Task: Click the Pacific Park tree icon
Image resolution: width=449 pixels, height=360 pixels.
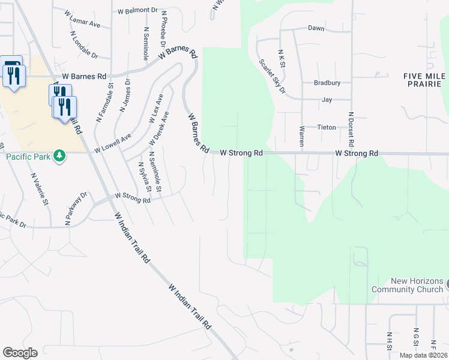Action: (x=59, y=156)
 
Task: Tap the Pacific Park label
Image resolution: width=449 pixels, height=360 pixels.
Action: (x=28, y=157)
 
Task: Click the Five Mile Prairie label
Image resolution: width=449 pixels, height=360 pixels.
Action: (x=426, y=80)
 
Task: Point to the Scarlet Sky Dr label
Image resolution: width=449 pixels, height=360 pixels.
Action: (x=273, y=76)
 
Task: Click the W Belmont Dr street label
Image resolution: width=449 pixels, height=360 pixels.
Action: (x=137, y=11)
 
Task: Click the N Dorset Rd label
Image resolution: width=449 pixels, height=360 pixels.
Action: (x=352, y=130)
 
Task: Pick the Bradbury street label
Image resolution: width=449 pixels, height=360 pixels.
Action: (x=327, y=83)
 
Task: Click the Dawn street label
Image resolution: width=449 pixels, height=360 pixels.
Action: (x=316, y=28)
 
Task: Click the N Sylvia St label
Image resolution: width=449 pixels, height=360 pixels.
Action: (x=143, y=176)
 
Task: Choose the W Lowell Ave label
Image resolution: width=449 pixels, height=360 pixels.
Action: (x=112, y=142)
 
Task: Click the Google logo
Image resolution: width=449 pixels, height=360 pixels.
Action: (x=20, y=353)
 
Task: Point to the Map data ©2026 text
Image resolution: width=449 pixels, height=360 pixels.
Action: (x=421, y=355)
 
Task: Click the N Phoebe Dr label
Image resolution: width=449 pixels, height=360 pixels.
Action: (x=162, y=31)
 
